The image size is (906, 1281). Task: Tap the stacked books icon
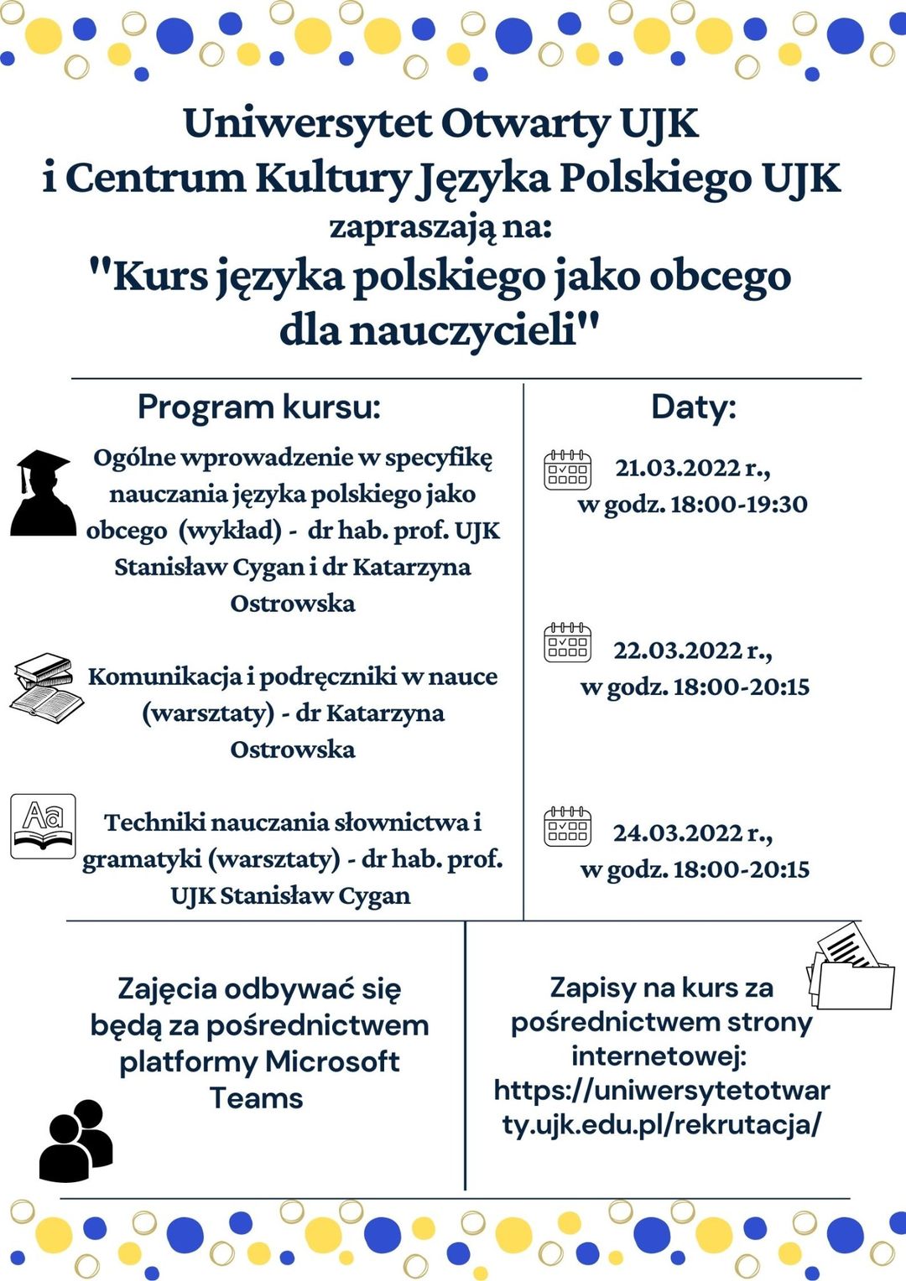pyautogui.click(x=46, y=687)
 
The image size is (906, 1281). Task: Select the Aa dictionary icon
pyautogui.click(x=43, y=827)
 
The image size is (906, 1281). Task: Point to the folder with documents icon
pyautogui.click(x=849, y=967)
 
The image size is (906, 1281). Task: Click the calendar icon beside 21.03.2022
pyautogui.click(x=567, y=469)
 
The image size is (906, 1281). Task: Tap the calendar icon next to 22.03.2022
pyautogui.click(x=567, y=643)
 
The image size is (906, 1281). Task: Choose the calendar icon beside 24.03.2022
pyautogui.click(x=567, y=826)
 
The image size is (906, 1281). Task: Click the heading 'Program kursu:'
pyautogui.click(x=258, y=407)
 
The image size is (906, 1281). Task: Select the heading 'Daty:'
pyautogui.click(x=693, y=407)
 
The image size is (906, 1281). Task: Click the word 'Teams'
pyautogui.click(x=256, y=1098)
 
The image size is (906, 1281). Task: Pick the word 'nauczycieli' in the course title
pyautogui.click(x=462, y=329)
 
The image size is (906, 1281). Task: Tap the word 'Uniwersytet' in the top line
pyautogui.click(x=307, y=124)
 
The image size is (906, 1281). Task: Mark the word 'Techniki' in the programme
pyautogui.click(x=154, y=822)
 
